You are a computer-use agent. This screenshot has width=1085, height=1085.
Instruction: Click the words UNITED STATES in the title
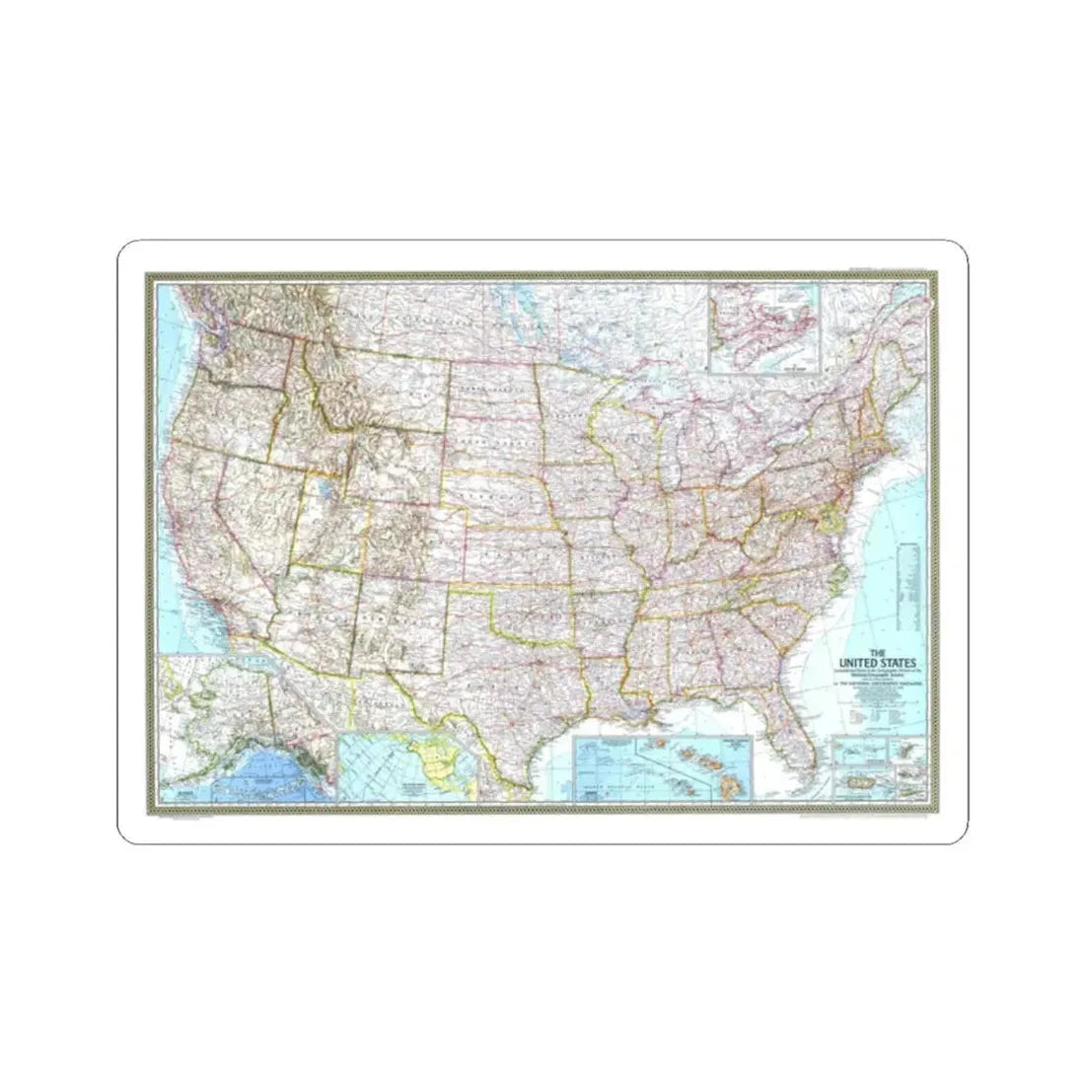click(x=870, y=662)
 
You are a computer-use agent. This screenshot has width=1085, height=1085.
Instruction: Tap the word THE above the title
click(x=869, y=651)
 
